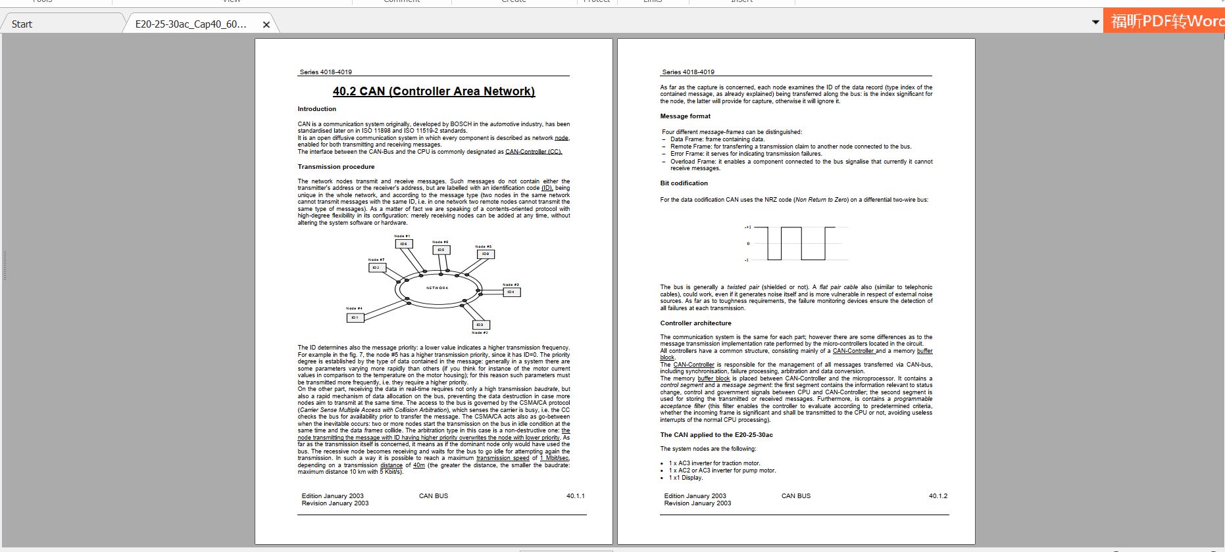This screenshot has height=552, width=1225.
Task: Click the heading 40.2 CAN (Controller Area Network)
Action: pyautogui.click(x=434, y=91)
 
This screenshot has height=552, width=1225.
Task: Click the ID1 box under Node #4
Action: pyautogui.click(x=355, y=318)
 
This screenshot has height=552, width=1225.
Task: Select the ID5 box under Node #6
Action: pyautogui.click(x=441, y=250)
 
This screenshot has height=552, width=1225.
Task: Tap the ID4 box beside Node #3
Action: pyautogui.click(x=511, y=292)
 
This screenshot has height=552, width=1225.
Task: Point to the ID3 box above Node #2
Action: pyautogui.click(x=480, y=325)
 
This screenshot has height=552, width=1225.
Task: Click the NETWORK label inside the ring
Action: pyautogui.click(x=437, y=288)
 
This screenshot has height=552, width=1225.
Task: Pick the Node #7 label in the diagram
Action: pyautogui.click(x=376, y=260)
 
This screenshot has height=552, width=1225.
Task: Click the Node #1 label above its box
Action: pyautogui.click(x=402, y=236)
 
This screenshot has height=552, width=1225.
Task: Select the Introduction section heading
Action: pyautogui.click(x=316, y=109)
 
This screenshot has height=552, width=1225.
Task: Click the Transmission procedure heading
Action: pyautogui.click(x=336, y=167)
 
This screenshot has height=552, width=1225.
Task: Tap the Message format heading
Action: pyautogui.click(x=685, y=116)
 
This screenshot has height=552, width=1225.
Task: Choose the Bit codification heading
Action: pyautogui.click(x=684, y=183)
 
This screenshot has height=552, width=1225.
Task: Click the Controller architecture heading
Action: pyautogui.click(x=695, y=323)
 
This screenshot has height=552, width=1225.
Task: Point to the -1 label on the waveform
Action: pyautogui.click(x=746, y=260)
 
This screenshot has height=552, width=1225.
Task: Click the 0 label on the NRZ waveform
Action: pyautogui.click(x=747, y=244)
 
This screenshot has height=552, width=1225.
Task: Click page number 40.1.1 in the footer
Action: pyautogui.click(x=575, y=496)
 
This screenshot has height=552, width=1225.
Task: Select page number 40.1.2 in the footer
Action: pyautogui.click(x=938, y=496)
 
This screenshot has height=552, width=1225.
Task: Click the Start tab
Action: pyautogui.click(x=22, y=24)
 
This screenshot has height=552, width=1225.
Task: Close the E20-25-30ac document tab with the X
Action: pyautogui.click(x=266, y=24)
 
